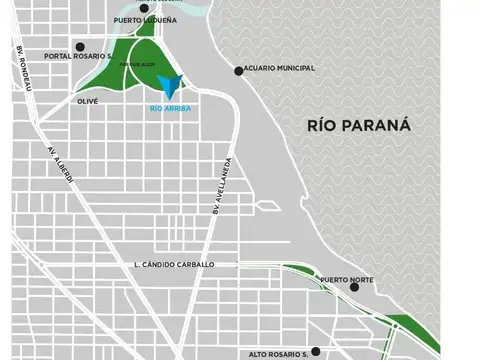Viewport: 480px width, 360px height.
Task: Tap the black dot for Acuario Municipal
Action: point(239,70)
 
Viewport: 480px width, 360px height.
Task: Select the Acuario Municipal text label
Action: point(281,69)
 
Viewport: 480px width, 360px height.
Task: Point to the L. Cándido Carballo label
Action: point(173,264)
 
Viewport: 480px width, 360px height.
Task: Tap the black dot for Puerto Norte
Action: point(354,287)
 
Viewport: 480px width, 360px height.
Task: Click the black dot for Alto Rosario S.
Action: point(315,351)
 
